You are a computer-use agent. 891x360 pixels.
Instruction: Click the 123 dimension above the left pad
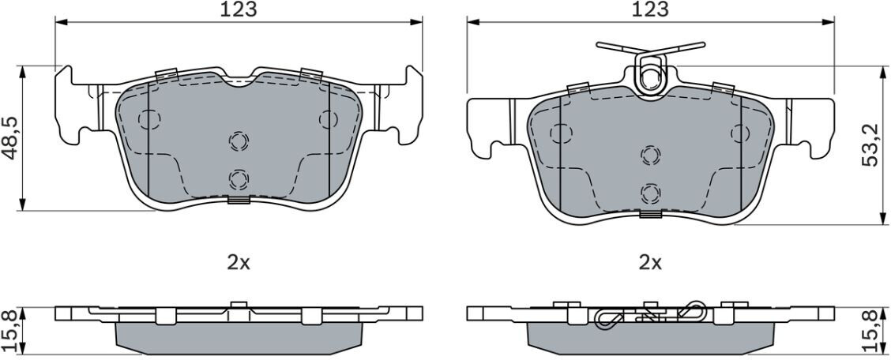coord(239,9)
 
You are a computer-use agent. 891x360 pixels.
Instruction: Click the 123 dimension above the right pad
coord(651,9)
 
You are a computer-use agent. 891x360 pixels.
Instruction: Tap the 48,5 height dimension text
coord(9,138)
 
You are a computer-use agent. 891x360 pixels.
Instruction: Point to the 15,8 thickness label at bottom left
coord(9,331)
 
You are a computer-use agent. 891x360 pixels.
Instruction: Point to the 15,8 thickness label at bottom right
coord(870,331)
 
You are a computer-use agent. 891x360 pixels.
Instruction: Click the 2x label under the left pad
coord(239,262)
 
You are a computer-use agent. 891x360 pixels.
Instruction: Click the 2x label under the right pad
coord(651,262)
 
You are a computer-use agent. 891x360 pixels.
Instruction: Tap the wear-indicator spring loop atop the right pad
coord(651,71)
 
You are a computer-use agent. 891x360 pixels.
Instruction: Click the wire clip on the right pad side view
coord(650,314)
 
